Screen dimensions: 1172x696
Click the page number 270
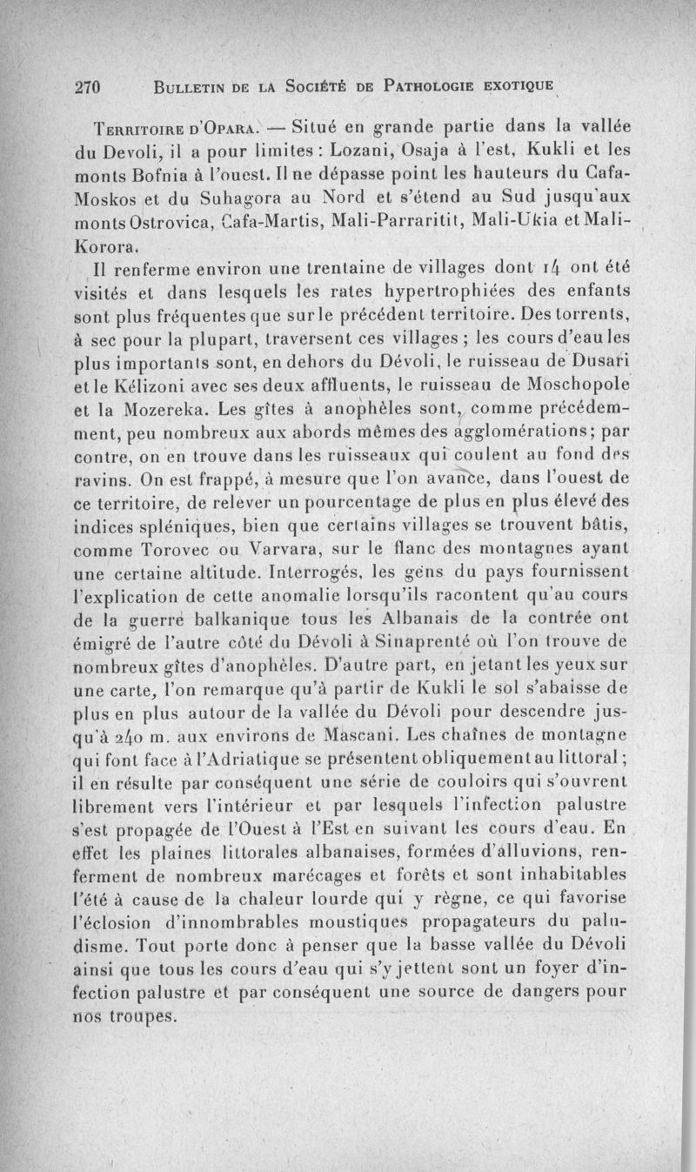(x=90, y=87)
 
